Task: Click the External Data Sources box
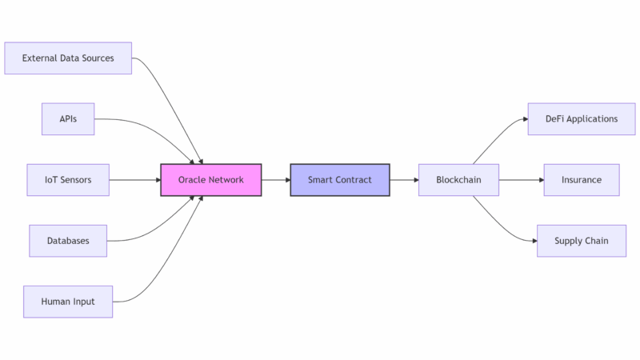coord(68,58)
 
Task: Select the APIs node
coord(68,119)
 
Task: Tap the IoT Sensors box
coord(68,180)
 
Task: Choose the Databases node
coord(68,241)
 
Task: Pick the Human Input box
coord(68,302)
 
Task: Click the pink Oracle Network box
coord(211,180)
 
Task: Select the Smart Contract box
coord(340,180)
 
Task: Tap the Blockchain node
coord(458,180)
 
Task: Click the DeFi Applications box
coord(582,119)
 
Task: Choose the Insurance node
coord(582,180)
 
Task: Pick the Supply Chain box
coord(582,241)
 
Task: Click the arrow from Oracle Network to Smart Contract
coord(276,180)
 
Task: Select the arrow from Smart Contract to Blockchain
coord(404,180)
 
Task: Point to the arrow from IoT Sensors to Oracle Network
coord(134,180)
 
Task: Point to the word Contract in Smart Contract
coord(354,180)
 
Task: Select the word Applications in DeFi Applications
coord(592,119)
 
